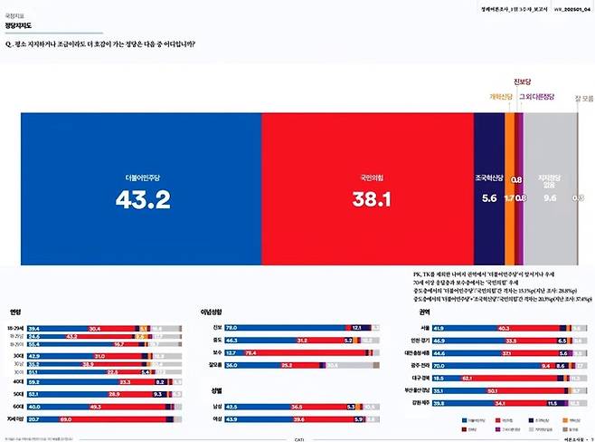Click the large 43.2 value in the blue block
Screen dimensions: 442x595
[142, 199]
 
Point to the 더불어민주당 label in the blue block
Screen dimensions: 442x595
[142, 178]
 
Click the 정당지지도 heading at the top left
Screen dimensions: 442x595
[22, 27]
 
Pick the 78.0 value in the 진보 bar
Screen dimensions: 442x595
[231, 327]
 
